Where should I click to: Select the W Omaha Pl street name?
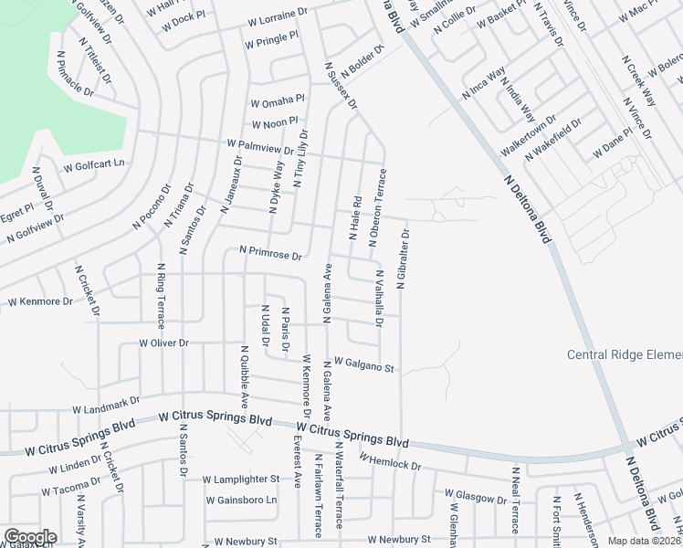tap(278, 99)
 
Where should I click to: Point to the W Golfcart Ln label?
tap(93, 166)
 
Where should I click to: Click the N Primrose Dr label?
tap(270, 251)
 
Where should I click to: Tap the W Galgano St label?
tap(363, 364)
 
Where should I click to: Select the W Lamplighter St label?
tap(240, 479)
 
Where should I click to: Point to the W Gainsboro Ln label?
tap(241, 501)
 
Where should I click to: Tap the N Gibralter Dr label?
tap(402, 258)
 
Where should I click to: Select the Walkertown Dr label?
tap(528, 137)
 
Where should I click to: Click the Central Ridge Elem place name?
tap(625, 355)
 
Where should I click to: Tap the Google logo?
tap(29, 537)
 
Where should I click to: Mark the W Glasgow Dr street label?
tap(475, 496)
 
